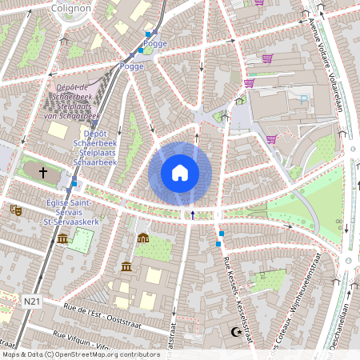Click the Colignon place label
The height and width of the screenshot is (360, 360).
click(70, 7)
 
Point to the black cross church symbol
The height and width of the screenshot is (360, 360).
click(43, 172)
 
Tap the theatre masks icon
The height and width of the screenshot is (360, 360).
click(15, 210)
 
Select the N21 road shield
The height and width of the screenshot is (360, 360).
click(31, 301)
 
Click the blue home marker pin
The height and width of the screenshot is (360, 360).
click(180, 172)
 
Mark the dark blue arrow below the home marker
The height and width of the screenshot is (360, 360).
click(192, 214)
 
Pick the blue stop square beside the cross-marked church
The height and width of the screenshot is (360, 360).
click(74, 184)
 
